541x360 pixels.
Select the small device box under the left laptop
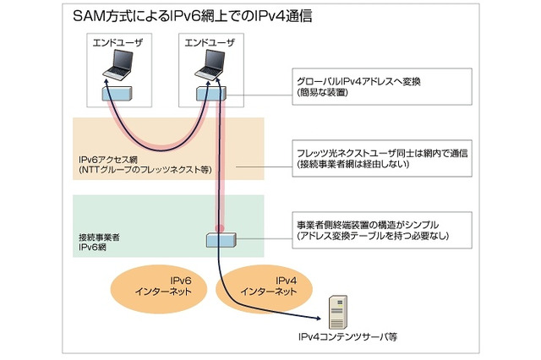(x=117, y=91)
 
